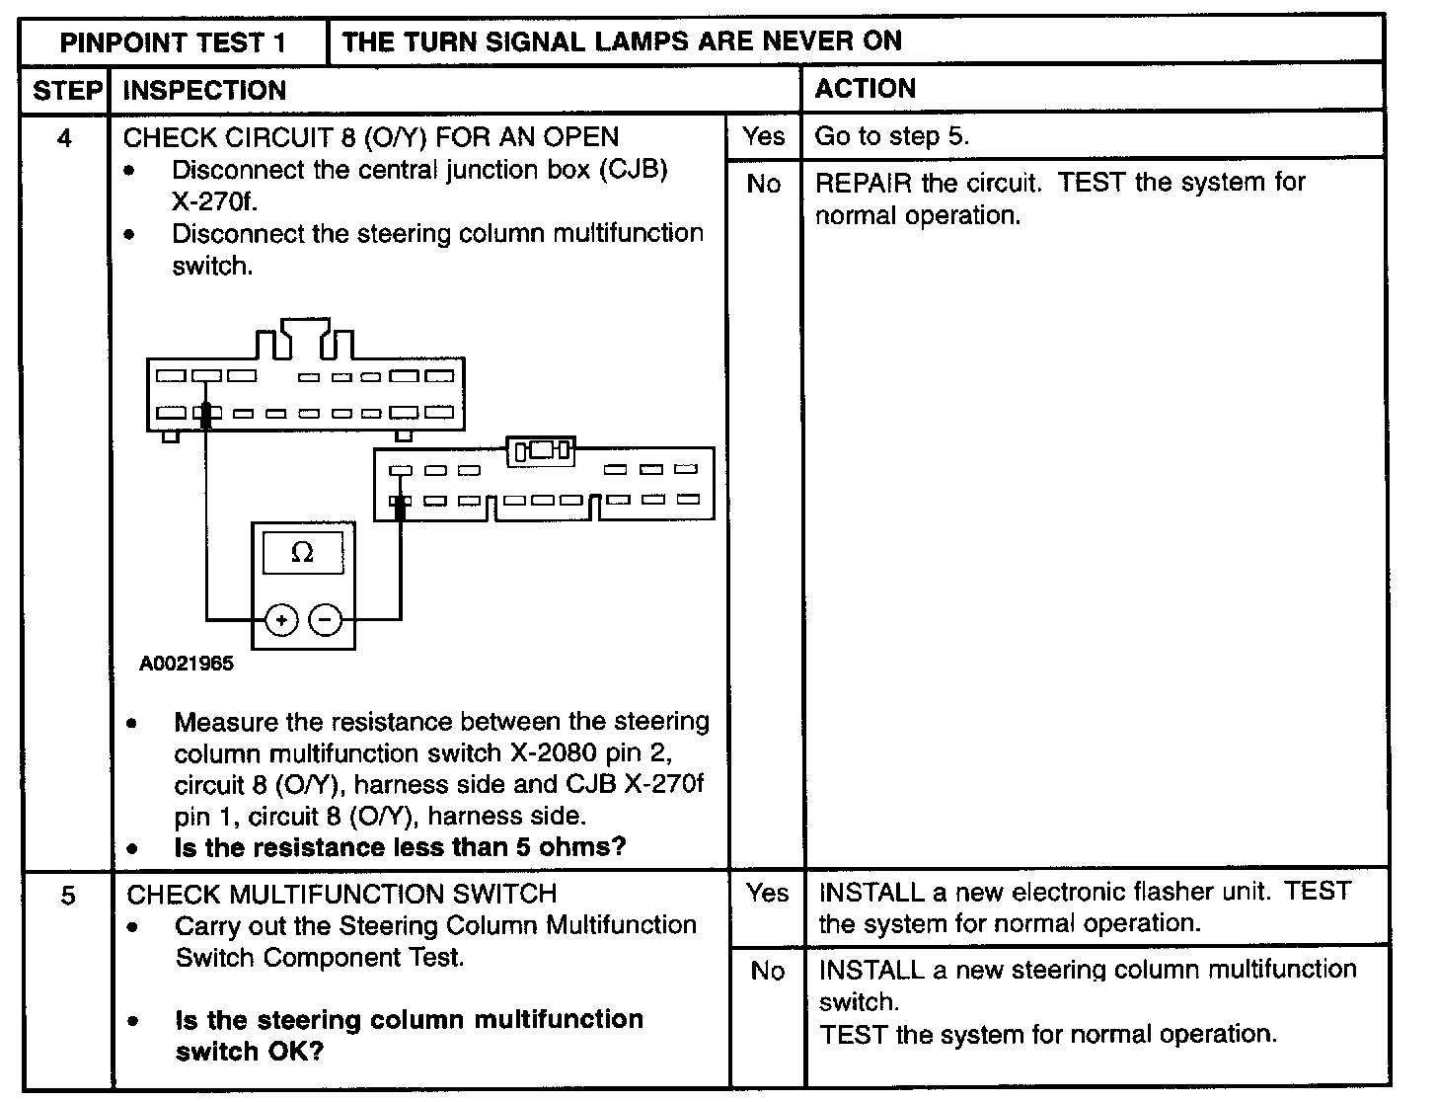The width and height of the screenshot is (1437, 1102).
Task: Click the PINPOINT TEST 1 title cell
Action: [x=174, y=42]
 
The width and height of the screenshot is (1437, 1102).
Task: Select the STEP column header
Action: [x=66, y=91]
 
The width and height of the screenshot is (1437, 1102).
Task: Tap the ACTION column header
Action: [x=865, y=89]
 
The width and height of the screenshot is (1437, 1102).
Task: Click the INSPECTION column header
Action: [x=204, y=91]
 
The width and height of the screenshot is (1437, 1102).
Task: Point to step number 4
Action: [x=64, y=137]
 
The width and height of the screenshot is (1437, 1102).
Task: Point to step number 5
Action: [x=67, y=896]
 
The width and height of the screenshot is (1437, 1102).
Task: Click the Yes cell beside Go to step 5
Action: [x=764, y=136]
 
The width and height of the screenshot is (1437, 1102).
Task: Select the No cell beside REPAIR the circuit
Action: [x=764, y=184]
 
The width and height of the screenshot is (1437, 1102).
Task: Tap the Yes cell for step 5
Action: [x=767, y=893]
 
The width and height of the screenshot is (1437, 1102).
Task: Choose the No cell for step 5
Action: [x=767, y=971]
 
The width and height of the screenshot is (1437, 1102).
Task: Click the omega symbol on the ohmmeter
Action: [x=303, y=553]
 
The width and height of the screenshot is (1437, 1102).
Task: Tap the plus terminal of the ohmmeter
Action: [x=281, y=620]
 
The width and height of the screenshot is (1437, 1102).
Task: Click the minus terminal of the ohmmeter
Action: [x=326, y=620]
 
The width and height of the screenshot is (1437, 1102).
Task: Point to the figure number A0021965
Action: [x=187, y=664]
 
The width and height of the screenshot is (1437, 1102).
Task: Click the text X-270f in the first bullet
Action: [x=210, y=200]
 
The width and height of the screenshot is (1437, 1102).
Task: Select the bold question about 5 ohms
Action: [x=400, y=847]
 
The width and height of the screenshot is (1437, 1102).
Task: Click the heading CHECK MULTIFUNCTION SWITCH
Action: [x=341, y=894]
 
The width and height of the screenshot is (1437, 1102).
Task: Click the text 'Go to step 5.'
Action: [x=891, y=136]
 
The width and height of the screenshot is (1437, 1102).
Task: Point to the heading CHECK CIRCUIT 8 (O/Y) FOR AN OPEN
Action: [x=371, y=137]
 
